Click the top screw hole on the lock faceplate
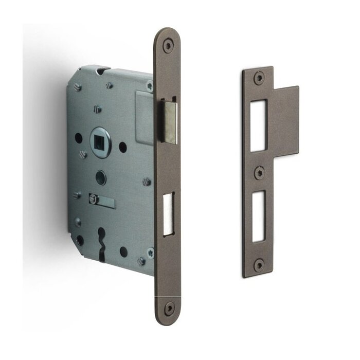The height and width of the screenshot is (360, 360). (168, 45)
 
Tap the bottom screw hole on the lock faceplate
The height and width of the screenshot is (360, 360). (168, 308)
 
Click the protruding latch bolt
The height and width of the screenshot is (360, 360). (170, 122)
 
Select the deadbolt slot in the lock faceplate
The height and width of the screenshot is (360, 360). (169, 214)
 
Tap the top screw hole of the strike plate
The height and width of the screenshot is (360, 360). (258, 78)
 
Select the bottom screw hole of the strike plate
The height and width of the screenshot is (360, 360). (259, 265)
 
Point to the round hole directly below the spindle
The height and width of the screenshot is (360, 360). (100, 178)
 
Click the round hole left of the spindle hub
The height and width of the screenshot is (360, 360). (78, 138)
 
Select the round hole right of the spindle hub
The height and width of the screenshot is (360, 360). (123, 147)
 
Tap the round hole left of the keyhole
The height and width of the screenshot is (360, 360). (79, 240)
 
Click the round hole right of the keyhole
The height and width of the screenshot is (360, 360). (123, 251)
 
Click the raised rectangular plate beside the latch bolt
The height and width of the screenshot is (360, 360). (145, 117)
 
